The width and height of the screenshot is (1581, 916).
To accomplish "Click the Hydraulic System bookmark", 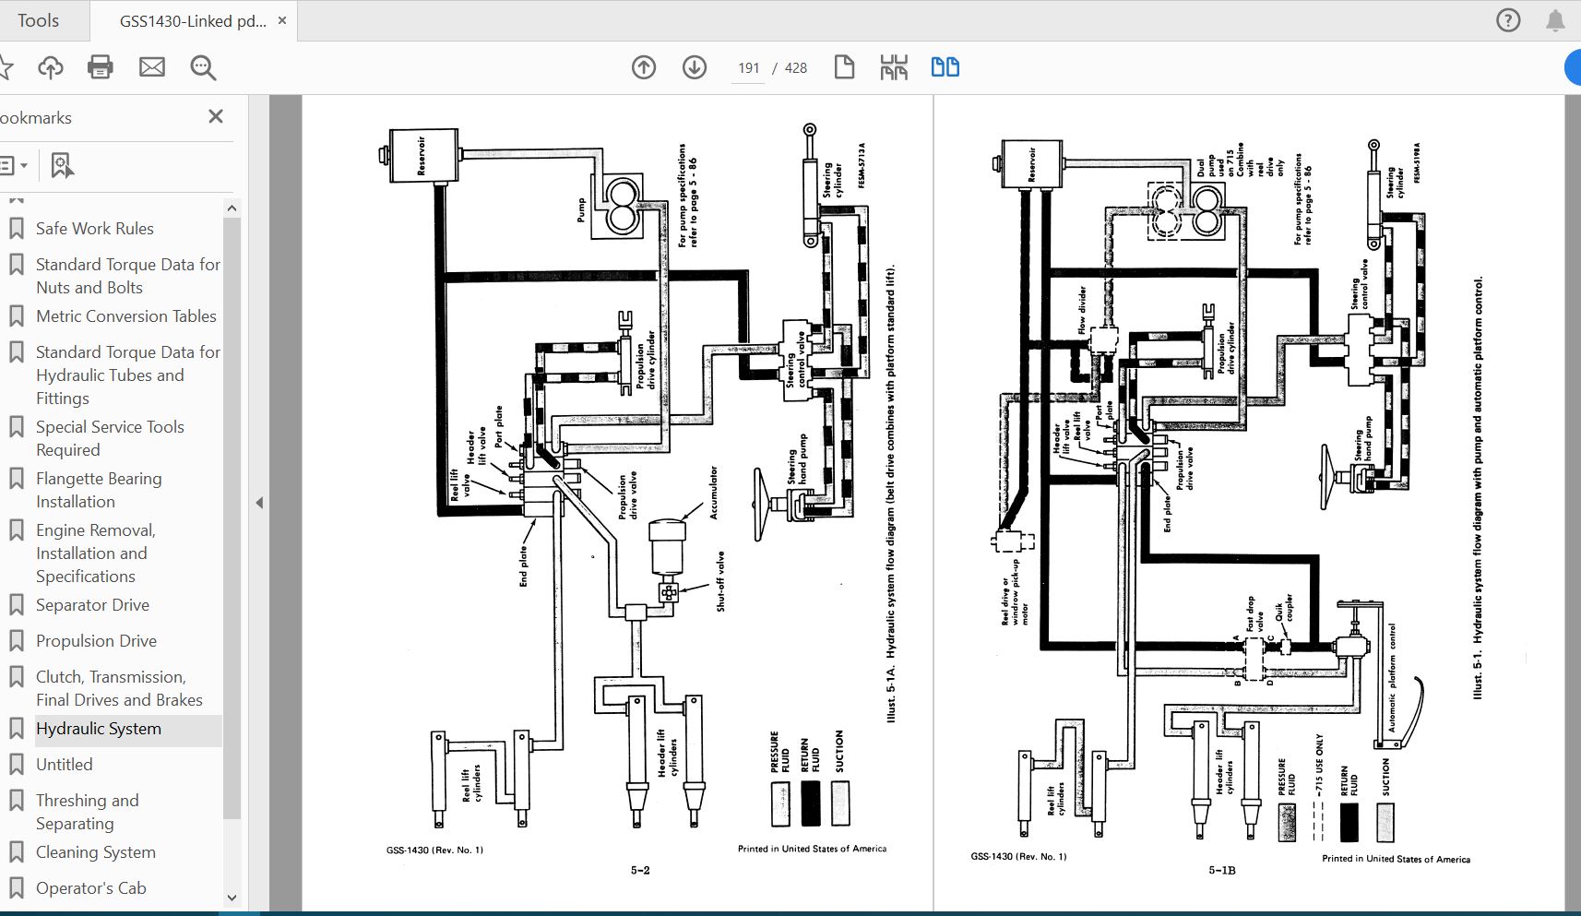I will click(99, 729).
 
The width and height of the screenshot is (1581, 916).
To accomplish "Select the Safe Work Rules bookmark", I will click(95, 229).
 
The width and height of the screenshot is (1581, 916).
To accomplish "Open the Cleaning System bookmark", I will click(96, 852).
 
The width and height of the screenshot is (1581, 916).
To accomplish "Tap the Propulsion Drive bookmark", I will click(96, 641).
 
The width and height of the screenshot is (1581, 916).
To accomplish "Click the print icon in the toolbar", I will click(101, 67).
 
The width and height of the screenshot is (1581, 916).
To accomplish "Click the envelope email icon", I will click(152, 67).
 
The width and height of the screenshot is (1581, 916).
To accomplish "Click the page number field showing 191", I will click(748, 68).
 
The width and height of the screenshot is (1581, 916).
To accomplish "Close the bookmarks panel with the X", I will click(216, 116).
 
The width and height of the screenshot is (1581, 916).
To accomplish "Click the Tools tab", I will click(38, 20).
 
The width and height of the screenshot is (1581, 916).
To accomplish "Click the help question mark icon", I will click(1508, 20).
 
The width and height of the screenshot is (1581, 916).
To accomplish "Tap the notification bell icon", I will click(1555, 20).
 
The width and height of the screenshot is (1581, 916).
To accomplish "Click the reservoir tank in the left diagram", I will click(423, 155).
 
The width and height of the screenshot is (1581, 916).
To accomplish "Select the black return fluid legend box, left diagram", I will click(810, 803).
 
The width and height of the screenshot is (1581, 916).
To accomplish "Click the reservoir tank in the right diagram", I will click(1032, 164).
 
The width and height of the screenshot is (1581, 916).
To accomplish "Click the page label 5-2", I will click(640, 870).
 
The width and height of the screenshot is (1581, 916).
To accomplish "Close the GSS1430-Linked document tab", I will click(282, 20).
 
